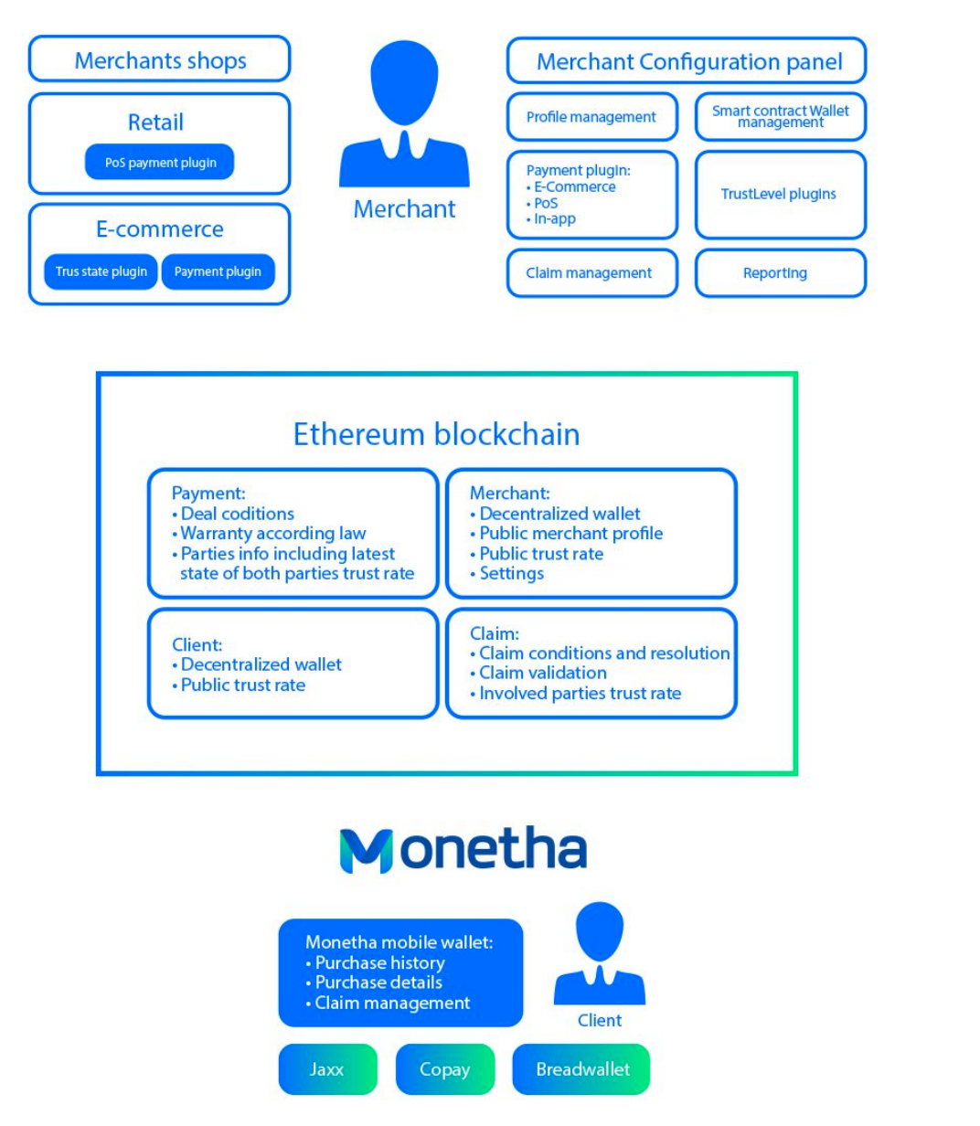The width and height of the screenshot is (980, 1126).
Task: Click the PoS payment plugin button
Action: (160, 163)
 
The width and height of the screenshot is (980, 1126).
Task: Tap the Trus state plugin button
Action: (101, 271)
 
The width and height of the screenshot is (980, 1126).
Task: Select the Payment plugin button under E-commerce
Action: (218, 271)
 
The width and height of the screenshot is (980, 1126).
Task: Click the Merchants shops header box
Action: (160, 60)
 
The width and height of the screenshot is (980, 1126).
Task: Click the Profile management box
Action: (591, 117)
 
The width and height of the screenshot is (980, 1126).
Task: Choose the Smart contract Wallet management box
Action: (780, 117)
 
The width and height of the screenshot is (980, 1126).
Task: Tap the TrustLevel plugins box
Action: (779, 194)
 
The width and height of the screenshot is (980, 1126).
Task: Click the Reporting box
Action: (775, 272)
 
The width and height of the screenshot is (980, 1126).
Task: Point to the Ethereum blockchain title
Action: (436, 434)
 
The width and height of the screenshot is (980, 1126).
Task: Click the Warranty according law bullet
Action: (272, 534)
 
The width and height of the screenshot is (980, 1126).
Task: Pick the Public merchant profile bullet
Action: (570, 534)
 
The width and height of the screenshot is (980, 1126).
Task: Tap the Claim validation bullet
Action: (542, 673)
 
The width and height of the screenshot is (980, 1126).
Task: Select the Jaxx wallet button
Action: (327, 1069)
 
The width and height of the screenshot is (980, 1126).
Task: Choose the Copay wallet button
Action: (444, 1069)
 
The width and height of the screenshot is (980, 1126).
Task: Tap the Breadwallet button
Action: (582, 1069)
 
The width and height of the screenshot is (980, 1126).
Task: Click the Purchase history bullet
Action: (379, 962)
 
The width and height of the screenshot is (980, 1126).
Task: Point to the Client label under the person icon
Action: (600, 1020)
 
